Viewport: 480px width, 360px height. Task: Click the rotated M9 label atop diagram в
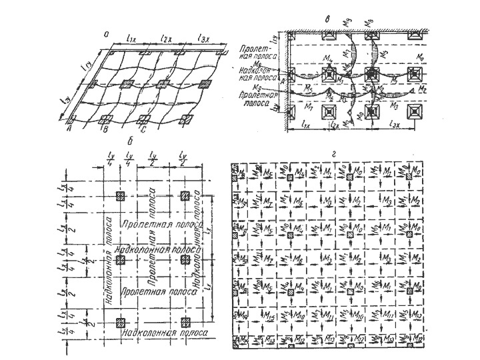click(348, 24)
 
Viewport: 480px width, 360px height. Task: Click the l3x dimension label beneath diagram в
click(395, 125)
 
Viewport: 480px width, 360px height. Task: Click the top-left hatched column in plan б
click(121, 196)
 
